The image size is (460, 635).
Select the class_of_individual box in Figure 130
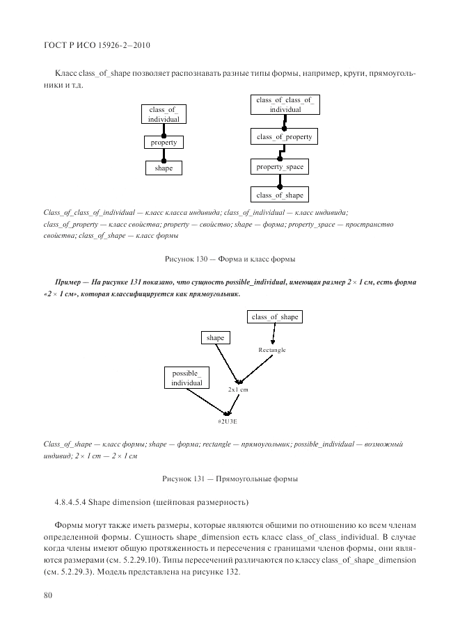pos(164,115)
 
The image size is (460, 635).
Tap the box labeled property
pos(164,143)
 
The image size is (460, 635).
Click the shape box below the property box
pos(164,168)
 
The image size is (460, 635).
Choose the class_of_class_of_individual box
pos(285,105)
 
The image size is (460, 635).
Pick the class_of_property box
pos(285,137)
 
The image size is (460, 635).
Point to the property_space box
pos(279,167)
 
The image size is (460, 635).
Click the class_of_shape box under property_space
pos(280,195)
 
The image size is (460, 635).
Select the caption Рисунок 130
pos(229,259)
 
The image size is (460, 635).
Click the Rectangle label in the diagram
pos(272,350)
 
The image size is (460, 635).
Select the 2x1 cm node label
pos(238,390)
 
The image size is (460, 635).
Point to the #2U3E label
pos(227,421)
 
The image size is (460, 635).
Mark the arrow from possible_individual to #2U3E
pos(209,403)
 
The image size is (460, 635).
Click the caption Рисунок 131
pos(229,479)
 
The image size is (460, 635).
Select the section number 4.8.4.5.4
pos(76,502)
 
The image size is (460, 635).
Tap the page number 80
pos(48,595)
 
